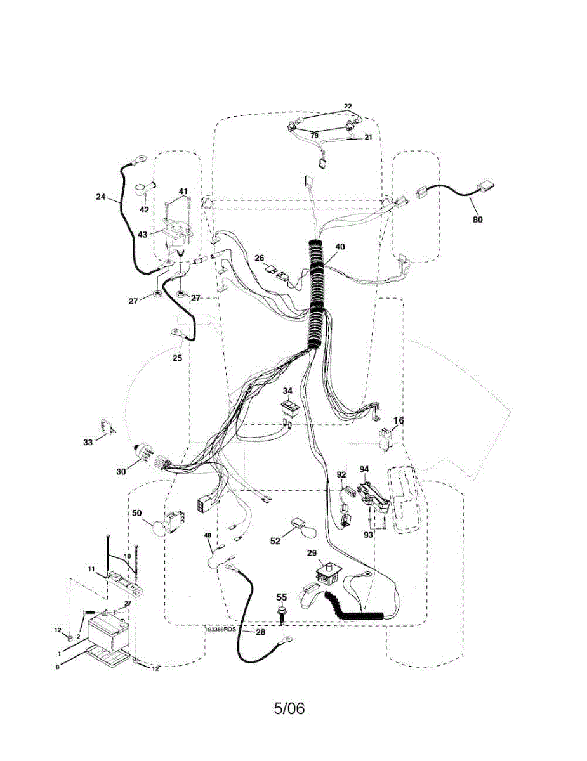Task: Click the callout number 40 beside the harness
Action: [340, 246]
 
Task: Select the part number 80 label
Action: [477, 219]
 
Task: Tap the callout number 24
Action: [101, 197]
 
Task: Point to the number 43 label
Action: [142, 234]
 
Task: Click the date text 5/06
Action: [289, 708]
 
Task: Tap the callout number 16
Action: [398, 420]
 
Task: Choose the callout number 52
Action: [275, 540]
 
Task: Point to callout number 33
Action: [88, 442]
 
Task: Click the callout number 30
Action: [121, 471]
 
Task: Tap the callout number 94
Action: [364, 469]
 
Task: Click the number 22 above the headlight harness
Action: [348, 106]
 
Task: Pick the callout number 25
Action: [177, 358]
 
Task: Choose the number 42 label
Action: [145, 209]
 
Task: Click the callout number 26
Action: [260, 257]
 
